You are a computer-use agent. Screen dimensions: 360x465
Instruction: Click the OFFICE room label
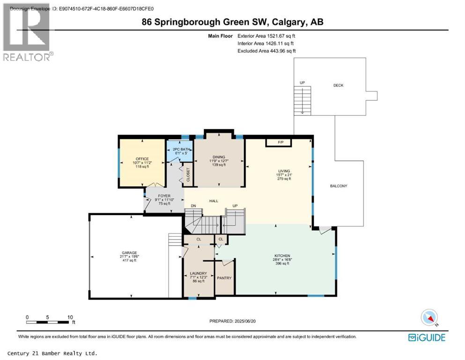tap(142, 159)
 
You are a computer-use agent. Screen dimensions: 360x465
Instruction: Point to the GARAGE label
tap(129, 253)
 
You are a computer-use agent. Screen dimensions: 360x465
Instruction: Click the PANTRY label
tap(224, 278)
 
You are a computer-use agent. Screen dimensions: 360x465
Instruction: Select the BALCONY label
tap(338, 186)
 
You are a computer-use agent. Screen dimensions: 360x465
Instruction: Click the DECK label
tap(339, 85)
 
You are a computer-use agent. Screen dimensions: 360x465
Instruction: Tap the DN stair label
tap(192, 206)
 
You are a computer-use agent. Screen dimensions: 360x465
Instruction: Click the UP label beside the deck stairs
tap(302, 83)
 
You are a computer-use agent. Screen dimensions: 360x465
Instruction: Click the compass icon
tap(429, 317)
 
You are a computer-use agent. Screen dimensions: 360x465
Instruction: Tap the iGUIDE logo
tap(426, 337)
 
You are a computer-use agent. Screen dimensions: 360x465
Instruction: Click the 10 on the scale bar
tap(70, 317)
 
